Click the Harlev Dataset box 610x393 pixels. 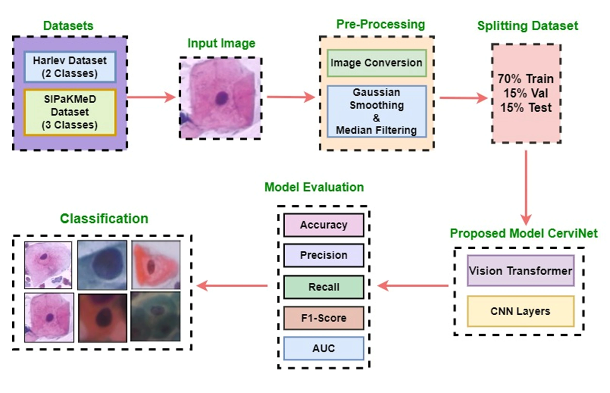pos(70,67)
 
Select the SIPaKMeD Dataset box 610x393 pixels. pos(70,112)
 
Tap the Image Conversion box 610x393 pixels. pos(377,63)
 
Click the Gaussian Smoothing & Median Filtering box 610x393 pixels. pos(377,112)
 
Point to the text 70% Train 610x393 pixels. pos(526,79)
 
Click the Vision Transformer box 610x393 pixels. pos(521,270)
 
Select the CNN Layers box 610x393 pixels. pos(521,311)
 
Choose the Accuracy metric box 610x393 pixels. pos(324,225)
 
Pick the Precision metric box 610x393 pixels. pos(324,255)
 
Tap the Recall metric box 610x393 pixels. pos(324,287)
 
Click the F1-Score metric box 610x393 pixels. pos(324,318)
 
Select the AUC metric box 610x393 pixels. pos(324,348)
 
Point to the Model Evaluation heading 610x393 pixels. pos(314,187)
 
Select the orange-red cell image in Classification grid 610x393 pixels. pos(156,265)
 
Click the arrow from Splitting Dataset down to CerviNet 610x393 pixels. pos(526,188)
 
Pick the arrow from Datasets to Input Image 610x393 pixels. pos(152,97)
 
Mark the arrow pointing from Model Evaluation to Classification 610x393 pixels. pos(232,286)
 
